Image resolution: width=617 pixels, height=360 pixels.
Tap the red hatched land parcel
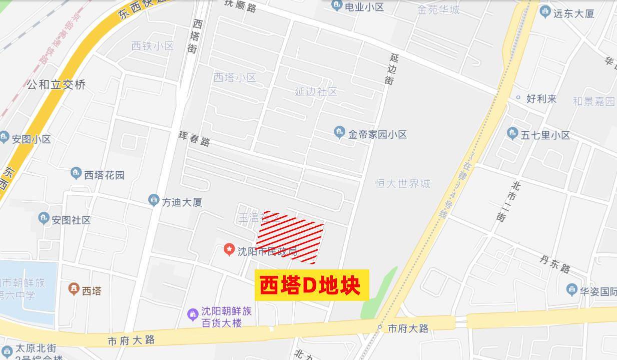click(x=290, y=237)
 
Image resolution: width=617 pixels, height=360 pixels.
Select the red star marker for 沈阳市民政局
click(x=229, y=249)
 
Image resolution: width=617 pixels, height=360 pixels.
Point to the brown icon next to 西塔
click(x=74, y=289)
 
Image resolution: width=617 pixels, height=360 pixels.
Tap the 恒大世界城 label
click(x=403, y=184)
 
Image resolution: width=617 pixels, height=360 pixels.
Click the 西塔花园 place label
click(x=104, y=175)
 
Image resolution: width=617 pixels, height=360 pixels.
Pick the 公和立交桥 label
click(x=56, y=84)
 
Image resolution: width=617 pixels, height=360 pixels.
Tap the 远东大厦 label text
click(x=573, y=14)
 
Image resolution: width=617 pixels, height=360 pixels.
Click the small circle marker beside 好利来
click(x=518, y=98)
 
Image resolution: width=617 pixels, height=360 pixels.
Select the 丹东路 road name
click(x=555, y=263)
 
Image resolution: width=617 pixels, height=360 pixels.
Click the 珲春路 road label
click(x=194, y=138)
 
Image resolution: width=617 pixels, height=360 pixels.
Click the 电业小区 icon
click(x=337, y=6)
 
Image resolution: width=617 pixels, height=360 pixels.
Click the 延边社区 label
click(x=316, y=92)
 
